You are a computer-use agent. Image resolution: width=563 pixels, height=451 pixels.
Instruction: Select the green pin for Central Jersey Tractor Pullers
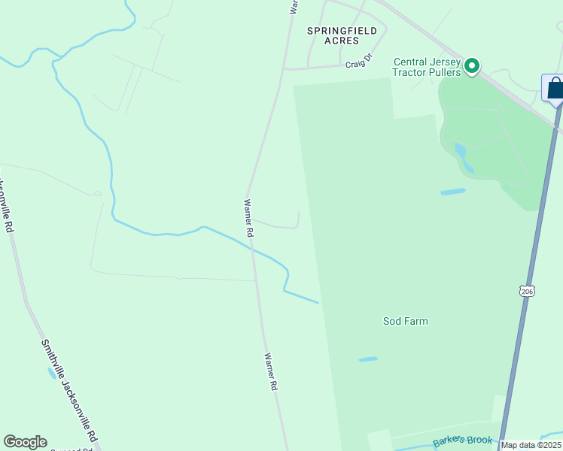[472, 67]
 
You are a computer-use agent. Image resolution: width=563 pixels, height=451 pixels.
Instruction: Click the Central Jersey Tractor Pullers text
[425, 67]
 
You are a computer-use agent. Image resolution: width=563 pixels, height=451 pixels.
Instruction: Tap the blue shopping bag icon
[555, 89]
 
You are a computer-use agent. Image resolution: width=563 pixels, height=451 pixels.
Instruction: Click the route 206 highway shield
[526, 291]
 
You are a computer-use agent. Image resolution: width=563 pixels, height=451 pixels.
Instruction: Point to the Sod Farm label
[405, 321]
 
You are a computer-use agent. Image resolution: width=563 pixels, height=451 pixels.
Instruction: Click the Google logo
[25, 442]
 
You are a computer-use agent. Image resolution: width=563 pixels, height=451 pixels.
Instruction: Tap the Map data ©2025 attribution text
[531, 445]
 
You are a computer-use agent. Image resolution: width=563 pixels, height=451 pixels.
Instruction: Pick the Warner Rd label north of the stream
[248, 218]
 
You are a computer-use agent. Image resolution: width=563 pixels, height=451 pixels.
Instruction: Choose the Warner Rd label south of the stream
[271, 371]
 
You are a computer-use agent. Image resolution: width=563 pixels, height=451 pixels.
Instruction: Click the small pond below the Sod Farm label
[368, 359]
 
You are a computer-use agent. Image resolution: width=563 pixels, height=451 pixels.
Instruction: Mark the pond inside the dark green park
[461, 156]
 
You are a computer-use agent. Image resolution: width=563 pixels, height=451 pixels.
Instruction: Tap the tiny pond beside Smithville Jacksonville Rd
[50, 372]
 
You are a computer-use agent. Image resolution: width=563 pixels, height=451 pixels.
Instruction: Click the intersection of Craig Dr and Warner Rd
[283, 69]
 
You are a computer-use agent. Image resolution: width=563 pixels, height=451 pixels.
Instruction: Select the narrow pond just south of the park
[452, 192]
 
